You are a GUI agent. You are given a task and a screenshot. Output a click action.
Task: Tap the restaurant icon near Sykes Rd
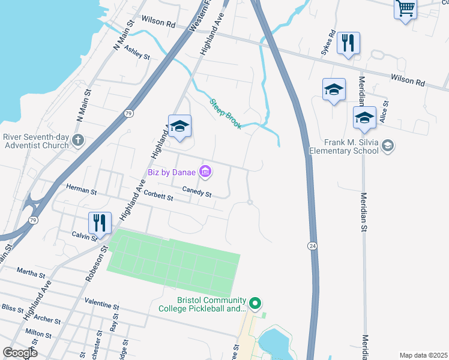348,43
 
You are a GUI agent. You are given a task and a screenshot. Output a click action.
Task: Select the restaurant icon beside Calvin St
100,223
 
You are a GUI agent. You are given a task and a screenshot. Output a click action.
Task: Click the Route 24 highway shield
312,246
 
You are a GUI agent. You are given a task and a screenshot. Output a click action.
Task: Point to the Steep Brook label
225,113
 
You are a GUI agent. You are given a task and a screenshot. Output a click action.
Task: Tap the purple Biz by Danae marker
205,172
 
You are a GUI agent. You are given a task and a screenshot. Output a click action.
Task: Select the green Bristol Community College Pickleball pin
256,304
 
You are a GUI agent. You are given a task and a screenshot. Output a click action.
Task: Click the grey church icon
77,140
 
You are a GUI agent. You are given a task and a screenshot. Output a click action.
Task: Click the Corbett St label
157,196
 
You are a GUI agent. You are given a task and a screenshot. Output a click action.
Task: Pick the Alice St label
384,112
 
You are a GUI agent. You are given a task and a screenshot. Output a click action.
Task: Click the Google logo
20,353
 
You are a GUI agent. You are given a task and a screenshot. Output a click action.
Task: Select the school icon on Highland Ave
179,126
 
